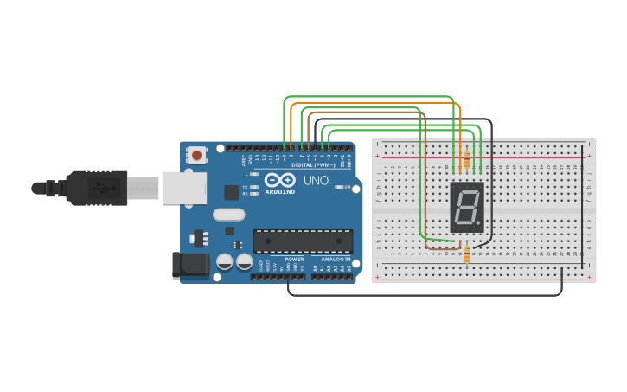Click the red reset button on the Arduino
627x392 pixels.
click(x=197, y=156)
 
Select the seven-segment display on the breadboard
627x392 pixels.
click(x=467, y=207)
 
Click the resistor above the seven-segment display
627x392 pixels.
click(x=467, y=160)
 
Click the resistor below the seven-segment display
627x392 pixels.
click(x=467, y=254)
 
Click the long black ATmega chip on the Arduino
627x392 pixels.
click(x=303, y=241)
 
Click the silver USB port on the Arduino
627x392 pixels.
click(x=182, y=187)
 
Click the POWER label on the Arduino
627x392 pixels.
click(x=294, y=259)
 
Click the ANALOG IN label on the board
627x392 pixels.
click(x=336, y=259)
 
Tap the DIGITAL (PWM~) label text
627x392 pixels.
click(x=312, y=164)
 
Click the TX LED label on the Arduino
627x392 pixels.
click(x=245, y=187)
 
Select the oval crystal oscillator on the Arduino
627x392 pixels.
click(x=228, y=215)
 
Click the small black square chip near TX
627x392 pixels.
click(x=231, y=192)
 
